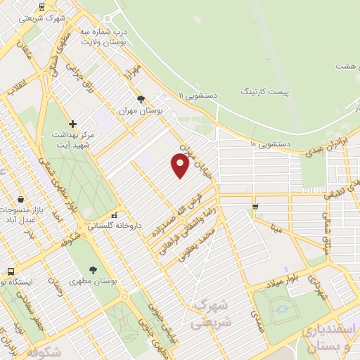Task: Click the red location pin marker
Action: tap(180, 165)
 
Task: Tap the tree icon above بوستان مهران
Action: tap(141, 99)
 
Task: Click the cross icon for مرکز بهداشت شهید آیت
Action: tap(72, 124)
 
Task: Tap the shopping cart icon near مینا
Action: tap(255, 207)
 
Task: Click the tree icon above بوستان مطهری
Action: tap(93, 269)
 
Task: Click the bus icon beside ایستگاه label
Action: tap(11, 271)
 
